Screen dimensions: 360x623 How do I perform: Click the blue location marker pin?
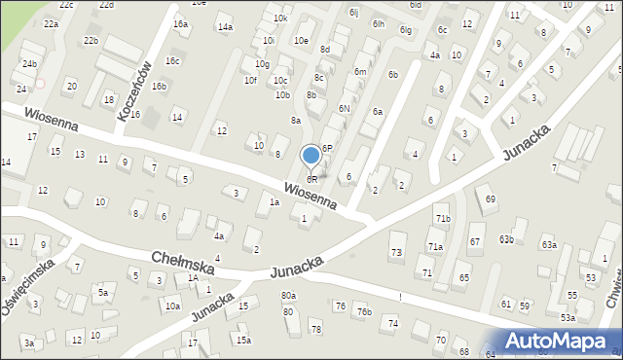(x=311, y=156)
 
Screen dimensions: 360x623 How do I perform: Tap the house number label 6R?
(x=311, y=180)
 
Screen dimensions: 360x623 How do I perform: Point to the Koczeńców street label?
(x=134, y=90)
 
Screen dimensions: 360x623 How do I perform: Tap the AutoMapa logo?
(x=564, y=341)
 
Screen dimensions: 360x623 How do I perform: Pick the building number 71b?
(x=443, y=219)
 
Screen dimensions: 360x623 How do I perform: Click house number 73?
(x=396, y=253)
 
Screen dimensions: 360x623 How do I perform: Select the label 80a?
(x=288, y=295)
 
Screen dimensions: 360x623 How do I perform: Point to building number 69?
(x=491, y=199)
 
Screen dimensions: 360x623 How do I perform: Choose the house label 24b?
(x=30, y=63)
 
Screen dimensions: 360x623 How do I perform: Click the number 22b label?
(x=91, y=40)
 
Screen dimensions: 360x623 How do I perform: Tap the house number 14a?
(x=225, y=27)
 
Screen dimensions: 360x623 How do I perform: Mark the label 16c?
(x=172, y=60)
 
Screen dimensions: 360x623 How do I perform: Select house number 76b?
(x=364, y=311)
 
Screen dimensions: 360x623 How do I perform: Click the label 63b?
(x=506, y=238)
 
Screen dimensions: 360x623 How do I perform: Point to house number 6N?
(x=344, y=108)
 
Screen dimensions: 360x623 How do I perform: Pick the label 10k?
(x=280, y=18)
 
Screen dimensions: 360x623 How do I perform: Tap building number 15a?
(x=242, y=340)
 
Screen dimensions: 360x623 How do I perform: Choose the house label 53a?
(x=568, y=317)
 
